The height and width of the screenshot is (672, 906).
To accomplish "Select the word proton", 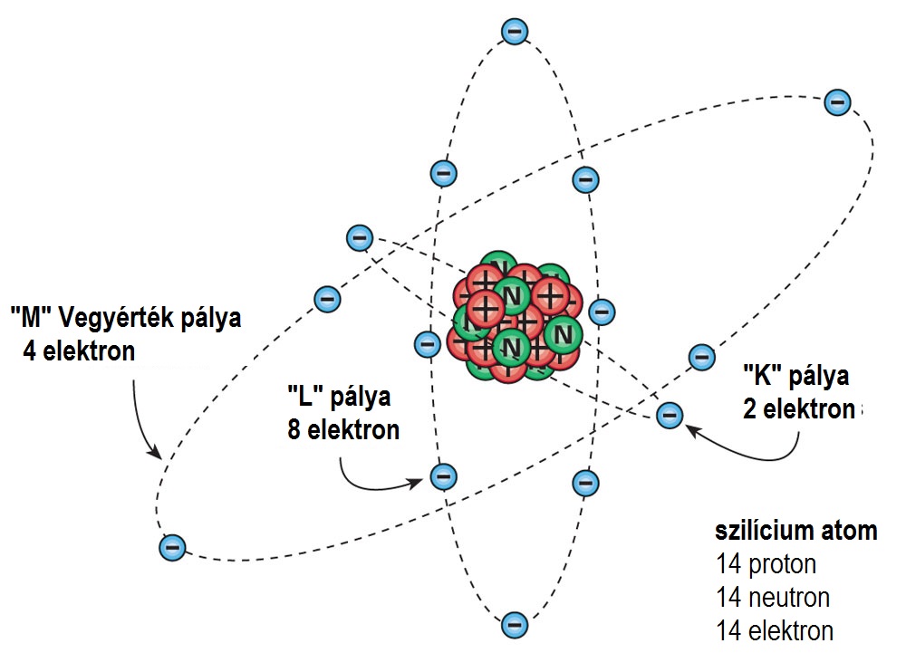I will click(x=782, y=564).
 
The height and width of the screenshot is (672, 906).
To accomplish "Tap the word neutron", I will click(x=789, y=597).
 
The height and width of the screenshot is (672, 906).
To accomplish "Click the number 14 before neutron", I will click(x=729, y=597).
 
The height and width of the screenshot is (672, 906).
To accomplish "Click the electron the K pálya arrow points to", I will click(x=669, y=416).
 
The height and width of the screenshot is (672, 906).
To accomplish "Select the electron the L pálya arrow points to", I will click(x=443, y=475).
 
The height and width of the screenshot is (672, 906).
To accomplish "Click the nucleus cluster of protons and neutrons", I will click(x=514, y=322).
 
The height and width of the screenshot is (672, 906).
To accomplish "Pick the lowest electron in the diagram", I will click(x=514, y=623).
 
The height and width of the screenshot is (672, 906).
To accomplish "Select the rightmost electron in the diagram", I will click(x=837, y=102).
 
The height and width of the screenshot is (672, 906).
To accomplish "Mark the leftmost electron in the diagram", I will click(x=170, y=547).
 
